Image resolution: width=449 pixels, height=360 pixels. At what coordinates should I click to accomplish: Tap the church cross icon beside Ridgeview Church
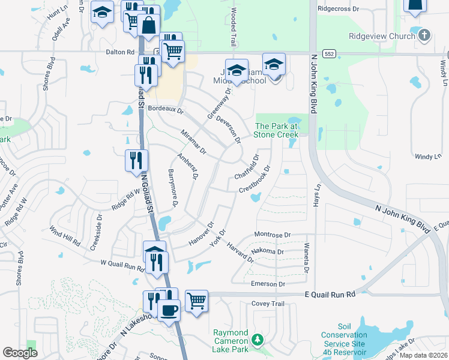pyautogui.click(x=425, y=35)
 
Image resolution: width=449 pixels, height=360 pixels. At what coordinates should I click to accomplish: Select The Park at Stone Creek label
pyautogui.click(x=277, y=130)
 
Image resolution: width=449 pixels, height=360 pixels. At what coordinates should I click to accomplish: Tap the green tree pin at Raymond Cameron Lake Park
pyautogui.click(x=258, y=340)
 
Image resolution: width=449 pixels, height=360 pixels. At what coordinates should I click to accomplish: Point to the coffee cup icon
pyautogui.click(x=169, y=310)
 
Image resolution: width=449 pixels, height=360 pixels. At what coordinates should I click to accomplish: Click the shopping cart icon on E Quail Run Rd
pyautogui.click(x=196, y=301)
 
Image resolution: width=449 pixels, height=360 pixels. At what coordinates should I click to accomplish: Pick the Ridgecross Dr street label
pyautogui.click(x=338, y=9)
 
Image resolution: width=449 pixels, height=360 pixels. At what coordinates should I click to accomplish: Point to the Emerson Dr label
pyautogui.click(x=269, y=284)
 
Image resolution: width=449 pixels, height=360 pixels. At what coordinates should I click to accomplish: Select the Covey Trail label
pyautogui.click(x=268, y=304)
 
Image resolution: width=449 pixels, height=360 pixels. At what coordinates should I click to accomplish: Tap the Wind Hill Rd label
pyautogui.click(x=64, y=236)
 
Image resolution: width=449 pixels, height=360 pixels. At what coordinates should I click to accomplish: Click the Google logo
pyautogui.click(x=20, y=353)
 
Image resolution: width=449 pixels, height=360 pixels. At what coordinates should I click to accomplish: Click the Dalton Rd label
pyautogui.click(x=121, y=52)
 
